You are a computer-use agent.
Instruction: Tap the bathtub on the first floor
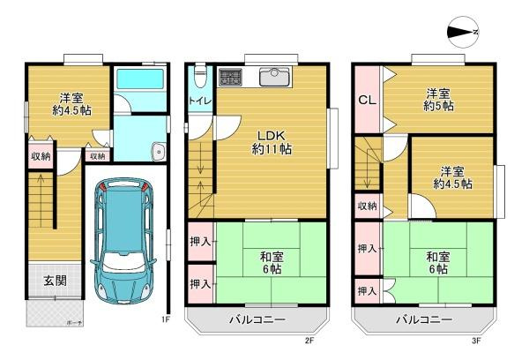(x=139, y=80)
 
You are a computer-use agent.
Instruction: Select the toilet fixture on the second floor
(x=200, y=74)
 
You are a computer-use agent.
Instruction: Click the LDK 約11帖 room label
(x=264, y=141)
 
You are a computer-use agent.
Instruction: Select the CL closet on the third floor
(x=367, y=100)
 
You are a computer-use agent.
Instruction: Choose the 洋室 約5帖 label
(x=436, y=98)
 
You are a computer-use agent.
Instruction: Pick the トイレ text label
(x=198, y=101)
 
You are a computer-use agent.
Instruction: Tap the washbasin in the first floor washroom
(x=157, y=149)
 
